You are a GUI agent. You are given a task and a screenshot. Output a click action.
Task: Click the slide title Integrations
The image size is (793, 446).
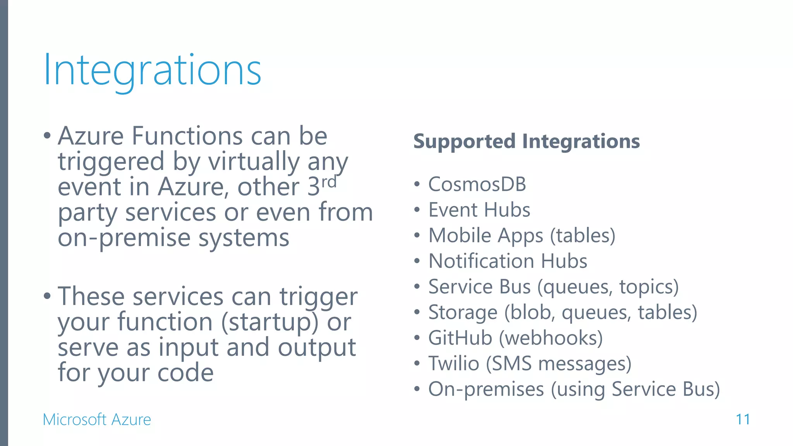[x=153, y=70]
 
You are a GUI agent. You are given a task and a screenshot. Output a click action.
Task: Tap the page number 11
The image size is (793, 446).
[x=743, y=419]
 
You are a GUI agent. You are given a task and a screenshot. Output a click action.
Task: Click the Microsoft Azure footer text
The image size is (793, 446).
[x=97, y=420]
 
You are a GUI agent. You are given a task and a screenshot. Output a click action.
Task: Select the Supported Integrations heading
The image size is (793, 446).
[x=526, y=141]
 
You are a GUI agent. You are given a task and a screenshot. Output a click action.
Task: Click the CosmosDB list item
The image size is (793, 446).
[x=477, y=184]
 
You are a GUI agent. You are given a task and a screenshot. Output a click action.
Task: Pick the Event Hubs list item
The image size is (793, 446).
[x=479, y=210]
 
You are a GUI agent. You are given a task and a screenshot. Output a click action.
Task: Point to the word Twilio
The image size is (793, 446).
[x=453, y=364]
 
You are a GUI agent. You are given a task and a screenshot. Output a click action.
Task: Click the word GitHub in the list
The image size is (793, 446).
[x=460, y=338]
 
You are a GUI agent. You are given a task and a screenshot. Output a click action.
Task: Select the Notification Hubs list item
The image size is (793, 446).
[x=508, y=261]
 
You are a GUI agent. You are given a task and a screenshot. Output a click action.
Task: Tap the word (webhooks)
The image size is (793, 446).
[x=551, y=338]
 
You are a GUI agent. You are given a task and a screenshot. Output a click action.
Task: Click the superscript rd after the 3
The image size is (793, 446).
[x=329, y=182]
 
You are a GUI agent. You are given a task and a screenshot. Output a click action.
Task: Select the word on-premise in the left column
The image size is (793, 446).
[x=124, y=238]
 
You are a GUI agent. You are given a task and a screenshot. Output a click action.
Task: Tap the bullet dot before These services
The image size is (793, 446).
[x=47, y=297]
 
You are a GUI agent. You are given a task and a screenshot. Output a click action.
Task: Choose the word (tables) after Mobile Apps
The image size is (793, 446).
[x=583, y=235]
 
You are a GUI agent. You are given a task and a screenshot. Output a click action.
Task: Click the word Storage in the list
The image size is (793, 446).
[x=463, y=312]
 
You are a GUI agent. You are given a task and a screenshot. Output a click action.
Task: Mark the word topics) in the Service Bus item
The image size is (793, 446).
[x=649, y=287]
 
